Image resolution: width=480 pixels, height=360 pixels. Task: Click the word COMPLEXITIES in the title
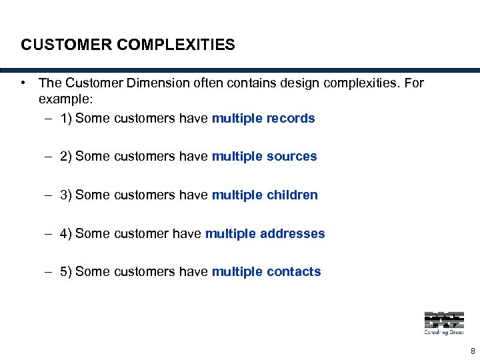tap(176, 45)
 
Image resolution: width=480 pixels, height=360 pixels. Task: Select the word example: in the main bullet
tap(66, 98)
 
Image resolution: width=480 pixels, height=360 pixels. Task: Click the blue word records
tap(291, 118)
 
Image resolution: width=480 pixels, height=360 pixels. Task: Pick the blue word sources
tap(291, 156)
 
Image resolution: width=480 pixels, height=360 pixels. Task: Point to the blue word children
tap(292, 195)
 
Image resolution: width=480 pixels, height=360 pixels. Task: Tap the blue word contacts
tap(293, 271)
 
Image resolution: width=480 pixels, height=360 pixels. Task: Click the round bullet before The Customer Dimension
tap(23, 83)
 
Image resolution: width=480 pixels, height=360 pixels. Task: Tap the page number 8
tap(472, 351)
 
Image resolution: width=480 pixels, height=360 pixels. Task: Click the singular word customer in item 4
tap(142, 233)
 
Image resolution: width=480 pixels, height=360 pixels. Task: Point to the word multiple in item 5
tap(237, 271)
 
